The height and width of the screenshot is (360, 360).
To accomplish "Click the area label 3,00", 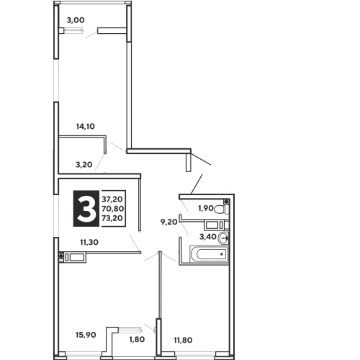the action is click(x=76, y=20).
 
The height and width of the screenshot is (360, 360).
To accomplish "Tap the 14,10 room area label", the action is click(x=86, y=126).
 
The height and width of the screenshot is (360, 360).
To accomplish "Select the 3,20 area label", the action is click(x=84, y=165).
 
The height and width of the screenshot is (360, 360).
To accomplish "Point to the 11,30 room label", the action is click(x=89, y=243).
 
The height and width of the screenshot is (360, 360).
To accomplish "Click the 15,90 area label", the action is click(x=86, y=335).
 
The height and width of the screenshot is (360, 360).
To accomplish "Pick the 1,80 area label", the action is click(x=137, y=339).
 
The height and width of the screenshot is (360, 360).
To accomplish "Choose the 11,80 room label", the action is click(x=183, y=340).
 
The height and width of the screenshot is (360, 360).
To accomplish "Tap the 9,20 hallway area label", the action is click(x=169, y=222).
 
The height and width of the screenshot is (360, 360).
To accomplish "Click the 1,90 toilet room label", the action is click(x=206, y=208).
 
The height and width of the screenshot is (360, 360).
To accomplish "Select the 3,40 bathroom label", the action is click(x=208, y=237).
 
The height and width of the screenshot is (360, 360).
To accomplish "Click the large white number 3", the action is click(x=86, y=209).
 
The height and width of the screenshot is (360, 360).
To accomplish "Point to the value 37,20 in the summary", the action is click(x=112, y=199).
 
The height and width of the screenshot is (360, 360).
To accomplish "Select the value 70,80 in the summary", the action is click(x=113, y=209).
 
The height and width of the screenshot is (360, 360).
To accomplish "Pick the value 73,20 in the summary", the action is click(x=112, y=218).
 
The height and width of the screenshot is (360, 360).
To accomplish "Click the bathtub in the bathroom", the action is click(x=209, y=254).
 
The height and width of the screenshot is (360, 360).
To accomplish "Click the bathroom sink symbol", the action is click(x=223, y=238).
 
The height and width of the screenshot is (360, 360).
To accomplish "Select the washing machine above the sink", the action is click(x=214, y=225).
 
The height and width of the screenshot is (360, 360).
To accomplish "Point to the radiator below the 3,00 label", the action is click(x=73, y=30).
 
